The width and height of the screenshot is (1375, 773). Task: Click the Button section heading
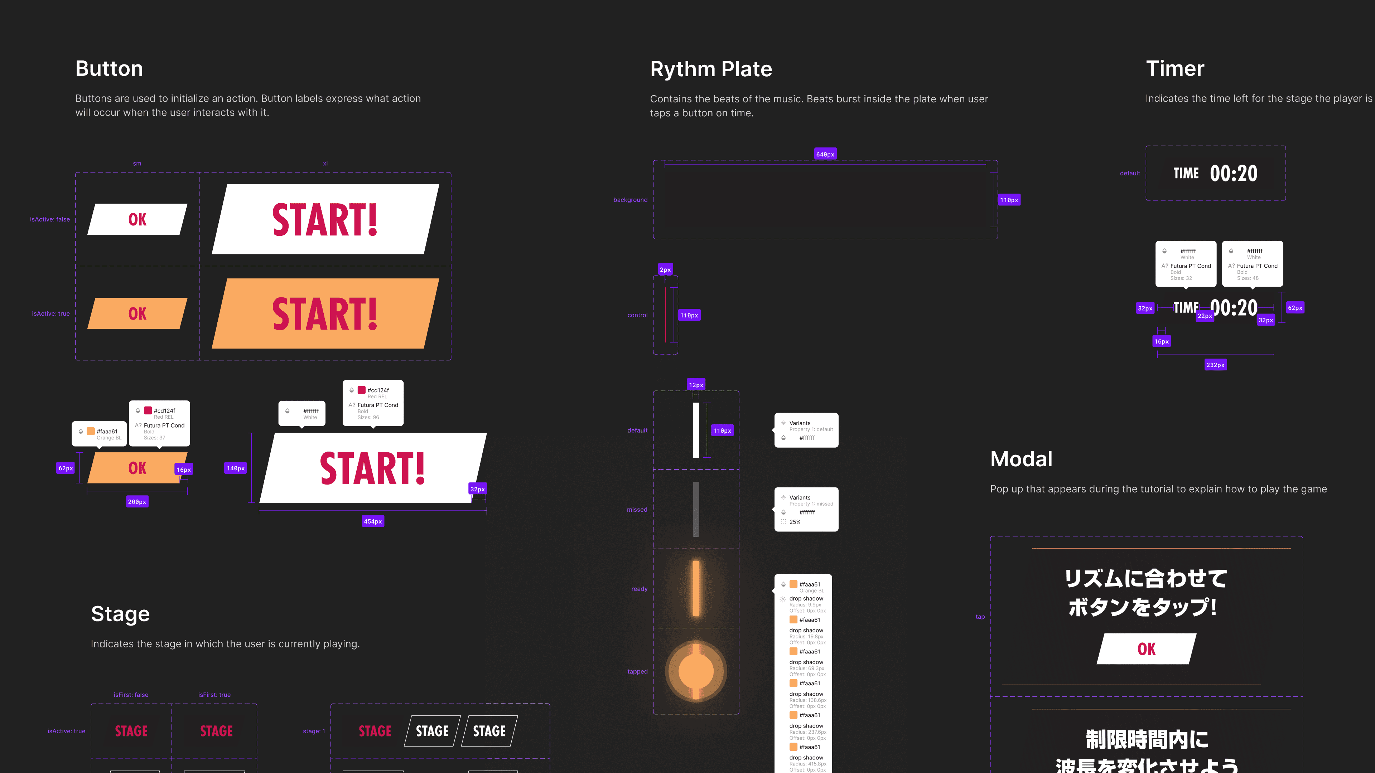coord(109,69)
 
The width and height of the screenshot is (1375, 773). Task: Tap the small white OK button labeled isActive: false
coord(137,219)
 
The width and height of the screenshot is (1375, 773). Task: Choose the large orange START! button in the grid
coord(325,314)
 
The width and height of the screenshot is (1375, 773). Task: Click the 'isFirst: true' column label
coord(214,695)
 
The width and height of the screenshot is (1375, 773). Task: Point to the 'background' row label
coord(630,200)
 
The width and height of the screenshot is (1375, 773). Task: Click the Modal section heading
coord(1021,459)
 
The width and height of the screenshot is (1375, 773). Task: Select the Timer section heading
coord(1175,69)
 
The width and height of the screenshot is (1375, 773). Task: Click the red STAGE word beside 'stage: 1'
coord(375,731)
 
